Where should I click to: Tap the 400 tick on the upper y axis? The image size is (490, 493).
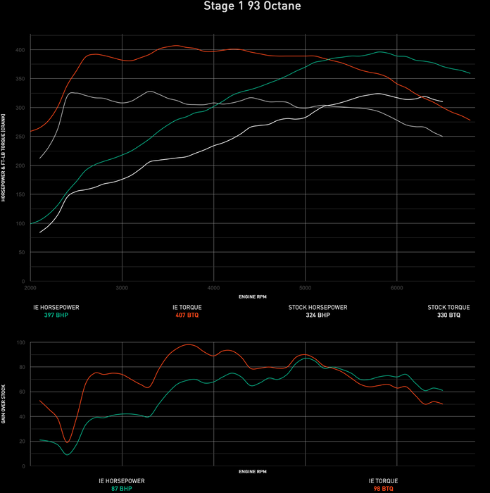click(20, 50)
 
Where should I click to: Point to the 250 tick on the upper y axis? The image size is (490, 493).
click(20, 137)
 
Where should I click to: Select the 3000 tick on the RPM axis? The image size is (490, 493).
click(122, 288)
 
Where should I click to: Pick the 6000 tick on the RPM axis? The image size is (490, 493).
click(396, 288)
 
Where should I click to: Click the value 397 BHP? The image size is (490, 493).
click(56, 315)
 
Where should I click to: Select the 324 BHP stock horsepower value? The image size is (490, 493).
click(318, 315)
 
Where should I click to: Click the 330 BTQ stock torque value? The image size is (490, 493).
click(448, 315)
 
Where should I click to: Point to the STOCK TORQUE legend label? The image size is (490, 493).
click(448, 307)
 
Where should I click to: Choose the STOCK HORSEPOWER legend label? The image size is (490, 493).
click(318, 307)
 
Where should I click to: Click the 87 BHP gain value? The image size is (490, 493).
click(121, 488)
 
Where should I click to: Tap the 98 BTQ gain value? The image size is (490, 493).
click(382, 488)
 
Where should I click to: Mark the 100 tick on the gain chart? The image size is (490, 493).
click(20, 342)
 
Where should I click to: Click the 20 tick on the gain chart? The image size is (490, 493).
click(21, 442)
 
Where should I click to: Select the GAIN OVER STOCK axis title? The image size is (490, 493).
click(4, 404)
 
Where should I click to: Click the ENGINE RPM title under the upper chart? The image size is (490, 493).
click(252, 297)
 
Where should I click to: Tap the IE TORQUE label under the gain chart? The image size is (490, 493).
click(382, 480)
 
